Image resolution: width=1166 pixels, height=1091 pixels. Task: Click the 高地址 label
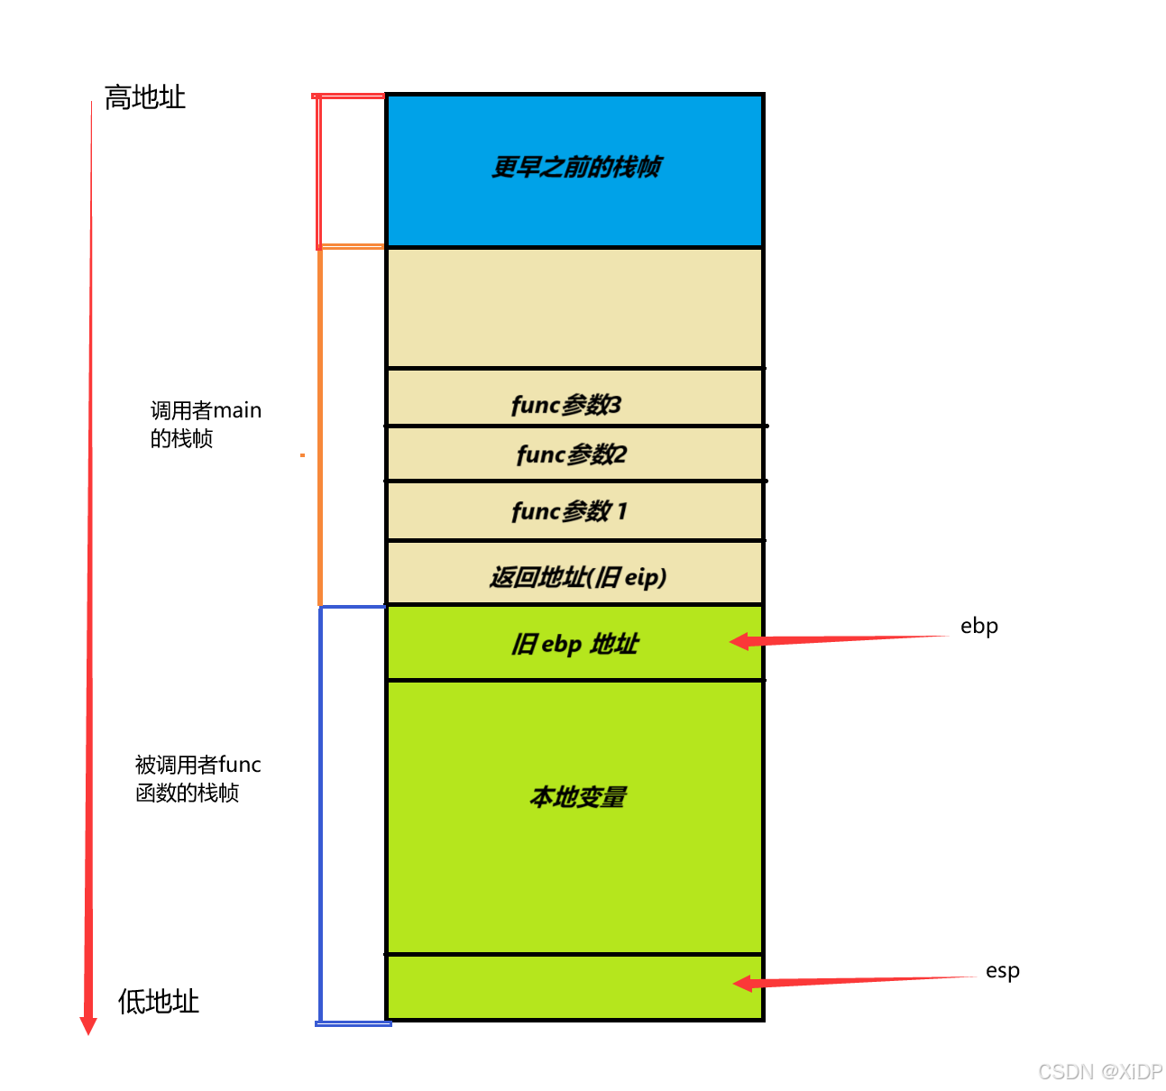coord(144,97)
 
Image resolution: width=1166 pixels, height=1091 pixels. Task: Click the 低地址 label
coord(158,1001)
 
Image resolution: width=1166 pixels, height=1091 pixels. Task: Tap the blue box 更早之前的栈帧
coord(575,168)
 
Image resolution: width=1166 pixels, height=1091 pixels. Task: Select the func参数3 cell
coord(566,405)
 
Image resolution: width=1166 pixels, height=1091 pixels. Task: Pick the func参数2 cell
coord(571,454)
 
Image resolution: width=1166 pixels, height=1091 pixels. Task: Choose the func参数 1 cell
coord(569,511)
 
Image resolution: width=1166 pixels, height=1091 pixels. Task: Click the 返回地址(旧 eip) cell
coord(577,576)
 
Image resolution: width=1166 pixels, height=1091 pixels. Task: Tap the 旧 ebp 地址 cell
coord(574,644)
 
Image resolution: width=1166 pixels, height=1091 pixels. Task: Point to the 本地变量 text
coord(577,797)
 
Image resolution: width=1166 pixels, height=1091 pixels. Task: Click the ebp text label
coord(978,626)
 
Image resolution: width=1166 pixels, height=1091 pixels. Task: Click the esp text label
coord(1002,971)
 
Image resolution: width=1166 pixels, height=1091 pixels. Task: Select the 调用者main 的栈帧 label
coord(205,425)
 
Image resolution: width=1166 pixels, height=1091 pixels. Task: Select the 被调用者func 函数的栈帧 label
coord(197,779)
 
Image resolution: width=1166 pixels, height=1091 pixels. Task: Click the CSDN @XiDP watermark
coord(1100,1071)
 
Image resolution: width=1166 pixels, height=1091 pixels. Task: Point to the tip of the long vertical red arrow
coord(87,1031)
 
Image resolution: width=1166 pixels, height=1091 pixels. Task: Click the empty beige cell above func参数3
coord(575,307)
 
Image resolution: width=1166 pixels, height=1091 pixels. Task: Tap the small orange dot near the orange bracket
coord(302,455)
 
